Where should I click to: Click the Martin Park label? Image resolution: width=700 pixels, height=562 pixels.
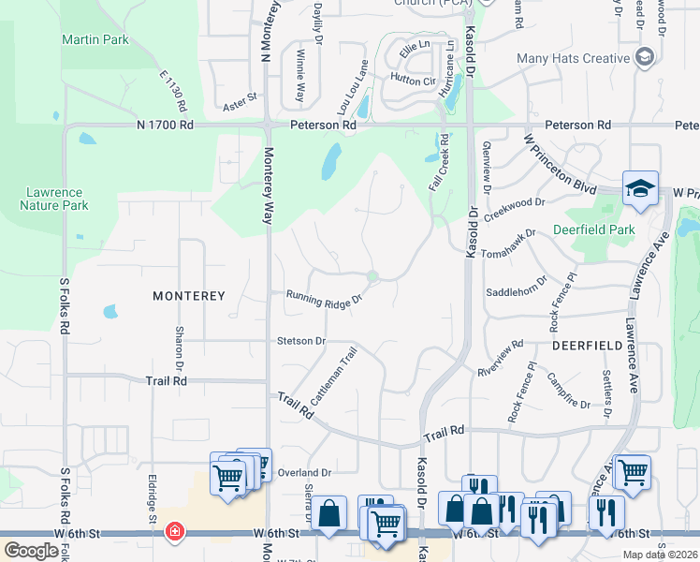tap(95, 40)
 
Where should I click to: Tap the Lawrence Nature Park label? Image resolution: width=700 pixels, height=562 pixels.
tap(56, 199)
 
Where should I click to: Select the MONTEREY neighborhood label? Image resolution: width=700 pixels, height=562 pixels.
tap(189, 296)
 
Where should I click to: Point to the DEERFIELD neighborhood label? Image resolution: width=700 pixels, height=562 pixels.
tap(587, 346)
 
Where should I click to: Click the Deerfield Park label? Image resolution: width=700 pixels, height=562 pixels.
tap(593, 229)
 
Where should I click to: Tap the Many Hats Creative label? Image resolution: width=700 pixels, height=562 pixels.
tap(573, 58)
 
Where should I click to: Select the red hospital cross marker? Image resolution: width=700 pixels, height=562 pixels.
tap(174, 532)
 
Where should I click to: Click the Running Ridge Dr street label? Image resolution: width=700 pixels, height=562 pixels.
tap(324, 297)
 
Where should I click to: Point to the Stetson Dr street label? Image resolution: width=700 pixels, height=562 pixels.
tap(300, 341)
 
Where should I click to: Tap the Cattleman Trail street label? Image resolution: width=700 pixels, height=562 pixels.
tap(334, 377)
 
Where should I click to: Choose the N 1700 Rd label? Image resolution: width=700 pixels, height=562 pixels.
tap(165, 125)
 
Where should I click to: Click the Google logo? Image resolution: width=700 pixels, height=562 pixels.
tap(31, 550)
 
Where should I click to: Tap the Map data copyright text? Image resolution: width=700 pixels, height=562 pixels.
tap(659, 555)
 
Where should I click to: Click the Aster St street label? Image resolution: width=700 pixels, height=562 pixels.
tap(239, 96)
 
